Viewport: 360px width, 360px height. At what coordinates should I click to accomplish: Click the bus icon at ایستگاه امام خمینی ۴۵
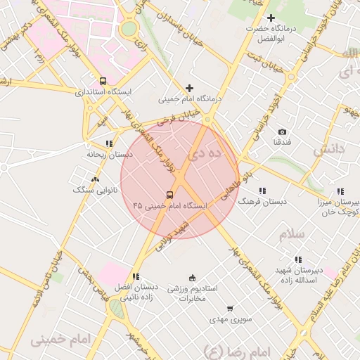pyautogui.click(x=169, y=195)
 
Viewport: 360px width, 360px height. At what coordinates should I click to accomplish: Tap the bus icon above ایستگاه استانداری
pyautogui.click(x=103, y=81)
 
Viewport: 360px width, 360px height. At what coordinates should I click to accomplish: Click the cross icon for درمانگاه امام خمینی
pyautogui.click(x=189, y=88)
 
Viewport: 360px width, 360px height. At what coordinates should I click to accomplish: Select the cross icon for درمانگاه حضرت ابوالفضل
pyautogui.click(x=271, y=18)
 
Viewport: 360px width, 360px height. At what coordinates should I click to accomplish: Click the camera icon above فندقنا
pyautogui.click(x=283, y=131)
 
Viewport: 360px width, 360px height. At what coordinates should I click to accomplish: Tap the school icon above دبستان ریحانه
pyautogui.click(x=108, y=143)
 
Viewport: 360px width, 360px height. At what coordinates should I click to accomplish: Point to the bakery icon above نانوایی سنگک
pyautogui.click(x=95, y=179)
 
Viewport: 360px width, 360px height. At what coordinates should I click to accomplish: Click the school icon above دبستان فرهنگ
pyautogui.click(x=262, y=191)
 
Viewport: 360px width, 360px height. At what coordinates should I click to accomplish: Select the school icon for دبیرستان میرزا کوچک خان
pyautogui.click(x=340, y=191)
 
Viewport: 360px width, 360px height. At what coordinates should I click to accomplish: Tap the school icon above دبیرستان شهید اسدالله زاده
pyautogui.click(x=299, y=259)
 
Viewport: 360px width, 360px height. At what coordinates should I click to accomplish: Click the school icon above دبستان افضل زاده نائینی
pyautogui.click(x=135, y=276)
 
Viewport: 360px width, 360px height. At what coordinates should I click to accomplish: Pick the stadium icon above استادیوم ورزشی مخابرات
pyautogui.click(x=193, y=277)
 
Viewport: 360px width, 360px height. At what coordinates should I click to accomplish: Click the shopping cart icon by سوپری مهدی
pyautogui.click(x=230, y=309)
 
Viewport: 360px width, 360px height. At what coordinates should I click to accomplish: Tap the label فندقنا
pyautogui.click(x=283, y=143)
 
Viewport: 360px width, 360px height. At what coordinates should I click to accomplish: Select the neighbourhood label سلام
pyautogui.click(x=291, y=234)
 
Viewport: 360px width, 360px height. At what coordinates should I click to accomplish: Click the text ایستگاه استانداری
pyautogui.click(x=103, y=92)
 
